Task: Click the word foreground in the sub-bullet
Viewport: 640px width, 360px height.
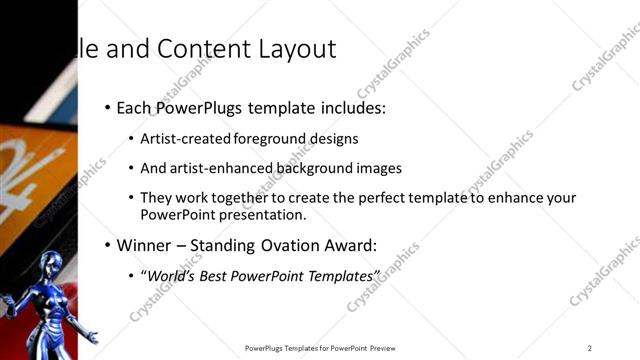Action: tap(271, 138)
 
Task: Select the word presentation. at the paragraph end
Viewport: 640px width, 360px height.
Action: tap(263, 214)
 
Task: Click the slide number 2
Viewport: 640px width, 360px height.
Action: tap(590, 347)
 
